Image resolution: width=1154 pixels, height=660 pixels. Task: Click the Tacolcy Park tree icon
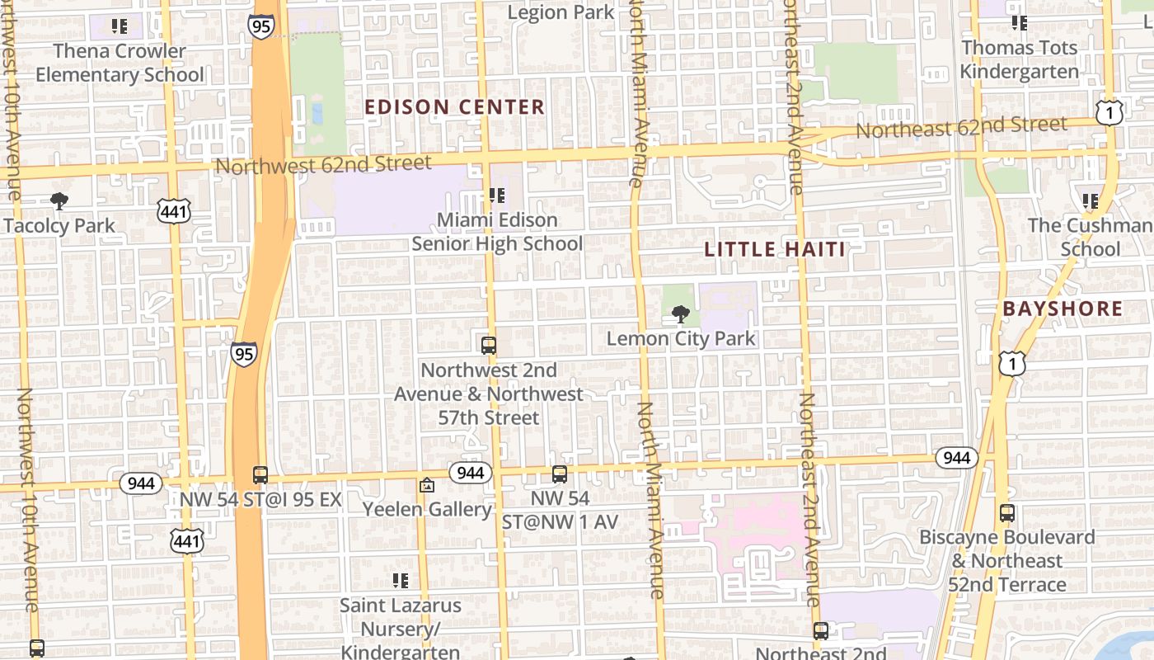point(59,200)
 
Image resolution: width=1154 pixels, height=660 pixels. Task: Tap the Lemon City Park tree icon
point(680,313)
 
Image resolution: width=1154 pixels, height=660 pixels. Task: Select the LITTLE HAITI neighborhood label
point(775,249)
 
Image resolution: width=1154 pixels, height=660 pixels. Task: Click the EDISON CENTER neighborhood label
point(454,107)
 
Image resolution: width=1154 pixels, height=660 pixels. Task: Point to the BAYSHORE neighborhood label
point(1063,309)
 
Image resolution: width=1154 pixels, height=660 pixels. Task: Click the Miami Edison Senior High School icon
point(496,196)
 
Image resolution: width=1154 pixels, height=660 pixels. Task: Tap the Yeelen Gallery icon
point(426,485)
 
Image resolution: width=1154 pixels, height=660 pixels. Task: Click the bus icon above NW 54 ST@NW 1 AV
point(560,474)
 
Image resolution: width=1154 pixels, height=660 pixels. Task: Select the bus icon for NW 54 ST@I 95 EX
point(260,475)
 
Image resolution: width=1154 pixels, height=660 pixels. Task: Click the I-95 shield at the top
point(260,26)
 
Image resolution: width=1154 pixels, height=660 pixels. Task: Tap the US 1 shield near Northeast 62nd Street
point(1109,112)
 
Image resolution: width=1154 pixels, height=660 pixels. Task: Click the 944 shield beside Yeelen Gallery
point(471,473)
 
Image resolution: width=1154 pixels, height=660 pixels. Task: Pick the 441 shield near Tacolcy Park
point(174,212)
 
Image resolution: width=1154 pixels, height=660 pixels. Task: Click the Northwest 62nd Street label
point(323,164)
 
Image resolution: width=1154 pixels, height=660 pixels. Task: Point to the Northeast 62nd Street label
point(961,127)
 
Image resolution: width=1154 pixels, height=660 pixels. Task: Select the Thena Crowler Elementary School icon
point(120,26)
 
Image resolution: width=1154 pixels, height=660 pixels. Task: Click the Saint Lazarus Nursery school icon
point(401,581)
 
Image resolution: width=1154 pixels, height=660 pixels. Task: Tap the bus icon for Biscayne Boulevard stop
point(1007,513)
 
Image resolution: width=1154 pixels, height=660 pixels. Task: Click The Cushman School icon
point(1091,200)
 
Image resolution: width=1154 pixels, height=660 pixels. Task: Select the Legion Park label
point(561,12)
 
